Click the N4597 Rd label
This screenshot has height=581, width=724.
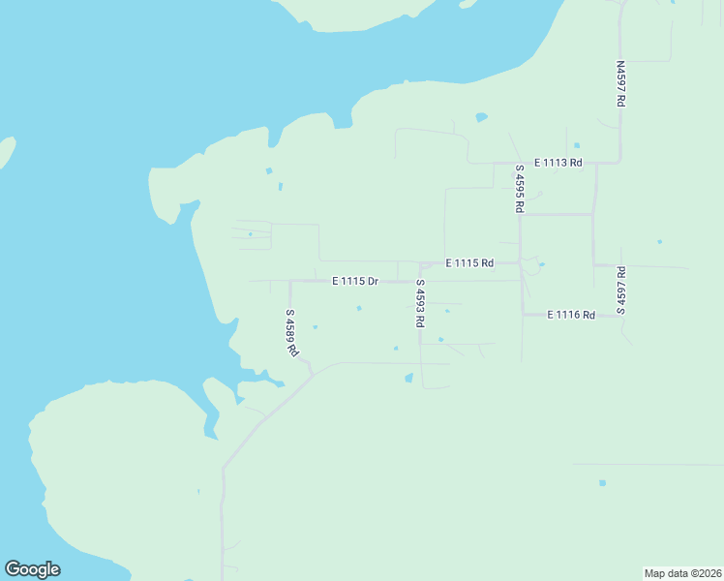[x=620, y=84]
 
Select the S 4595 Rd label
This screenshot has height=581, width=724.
[x=520, y=189]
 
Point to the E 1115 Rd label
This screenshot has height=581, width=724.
[x=469, y=262]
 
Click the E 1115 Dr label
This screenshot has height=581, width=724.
[x=354, y=281]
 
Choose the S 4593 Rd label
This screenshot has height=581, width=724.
[x=420, y=303]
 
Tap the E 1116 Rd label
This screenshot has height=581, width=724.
[x=570, y=315]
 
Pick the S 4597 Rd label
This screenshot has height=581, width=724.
[x=620, y=290]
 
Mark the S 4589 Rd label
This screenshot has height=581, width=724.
[x=290, y=333]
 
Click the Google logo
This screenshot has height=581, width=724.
[x=32, y=569]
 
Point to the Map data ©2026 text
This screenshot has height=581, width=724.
[x=682, y=573]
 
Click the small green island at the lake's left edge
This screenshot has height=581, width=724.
[x=6, y=151]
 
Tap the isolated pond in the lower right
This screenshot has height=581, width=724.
[x=602, y=482]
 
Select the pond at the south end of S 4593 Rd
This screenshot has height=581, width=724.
[x=408, y=379]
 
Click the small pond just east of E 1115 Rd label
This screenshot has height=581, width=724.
[x=541, y=264]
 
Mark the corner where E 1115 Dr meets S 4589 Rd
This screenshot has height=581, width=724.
[x=290, y=282]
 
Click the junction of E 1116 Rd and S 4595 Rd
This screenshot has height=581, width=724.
[x=524, y=314]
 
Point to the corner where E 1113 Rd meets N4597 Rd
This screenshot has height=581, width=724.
[x=619, y=162]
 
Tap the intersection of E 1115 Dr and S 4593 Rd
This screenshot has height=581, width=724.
[x=420, y=282]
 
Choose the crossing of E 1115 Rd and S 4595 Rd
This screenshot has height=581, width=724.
[x=521, y=262]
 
